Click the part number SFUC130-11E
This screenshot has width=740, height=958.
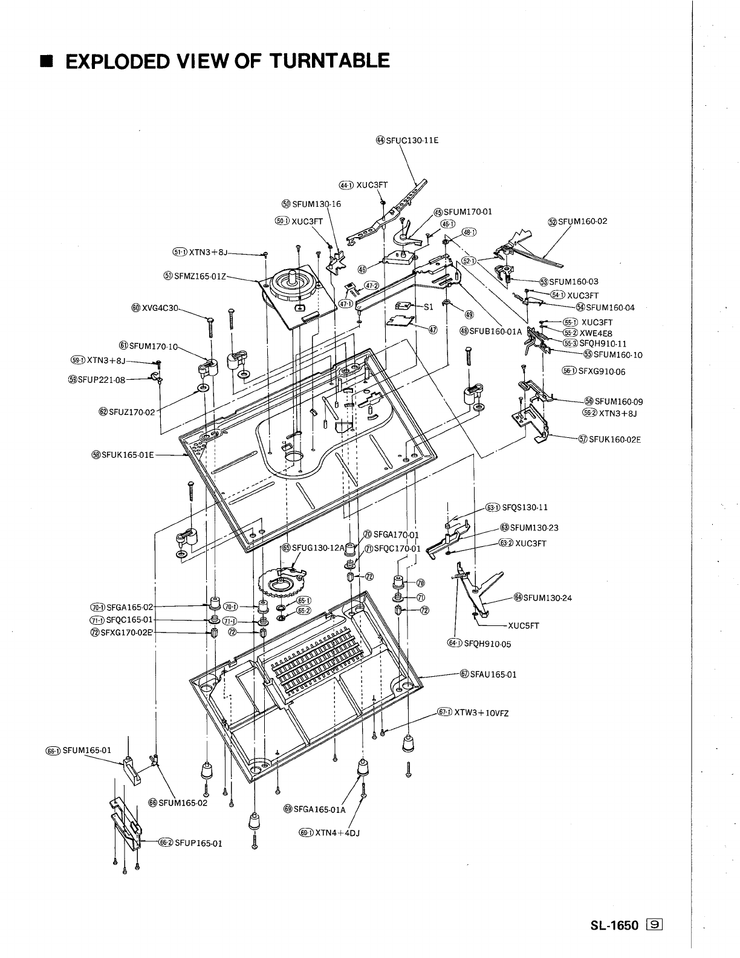tap(411, 140)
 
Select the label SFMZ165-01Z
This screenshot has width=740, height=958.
tap(200, 276)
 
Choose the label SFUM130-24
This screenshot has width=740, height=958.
tap(547, 598)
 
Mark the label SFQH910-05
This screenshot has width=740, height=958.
tap(487, 644)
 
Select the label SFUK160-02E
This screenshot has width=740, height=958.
tap(614, 439)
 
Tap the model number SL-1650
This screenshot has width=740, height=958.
tap(615, 941)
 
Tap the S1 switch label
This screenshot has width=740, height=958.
tap(428, 307)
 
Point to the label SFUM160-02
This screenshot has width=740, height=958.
tap(582, 221)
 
